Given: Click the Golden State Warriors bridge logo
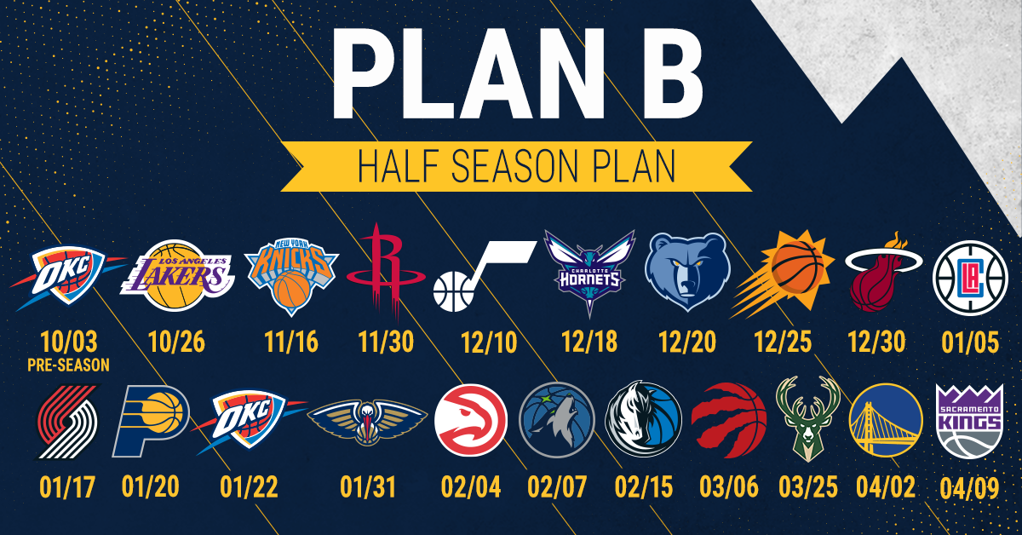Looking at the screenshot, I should (x=885, y=423).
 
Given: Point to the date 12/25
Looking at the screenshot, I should (x=784, y=342).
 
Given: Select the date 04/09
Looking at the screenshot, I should (x=970, y=488).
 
